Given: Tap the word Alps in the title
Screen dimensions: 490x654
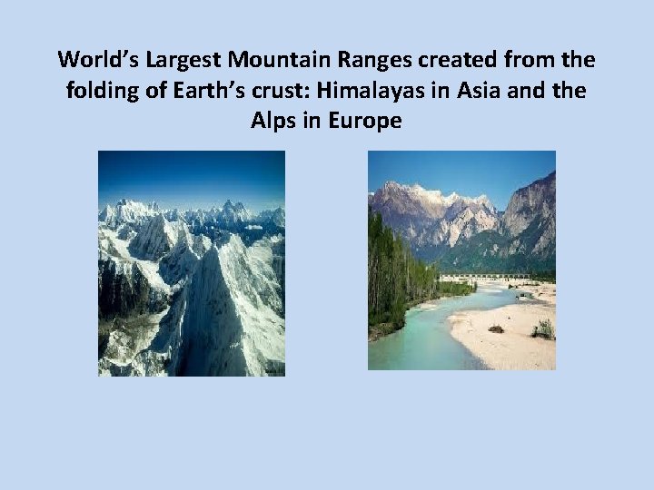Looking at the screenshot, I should (272, 120).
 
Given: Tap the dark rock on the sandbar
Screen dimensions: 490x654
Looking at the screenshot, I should (495, 329).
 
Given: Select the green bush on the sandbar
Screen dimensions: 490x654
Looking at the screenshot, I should (543, 329).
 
